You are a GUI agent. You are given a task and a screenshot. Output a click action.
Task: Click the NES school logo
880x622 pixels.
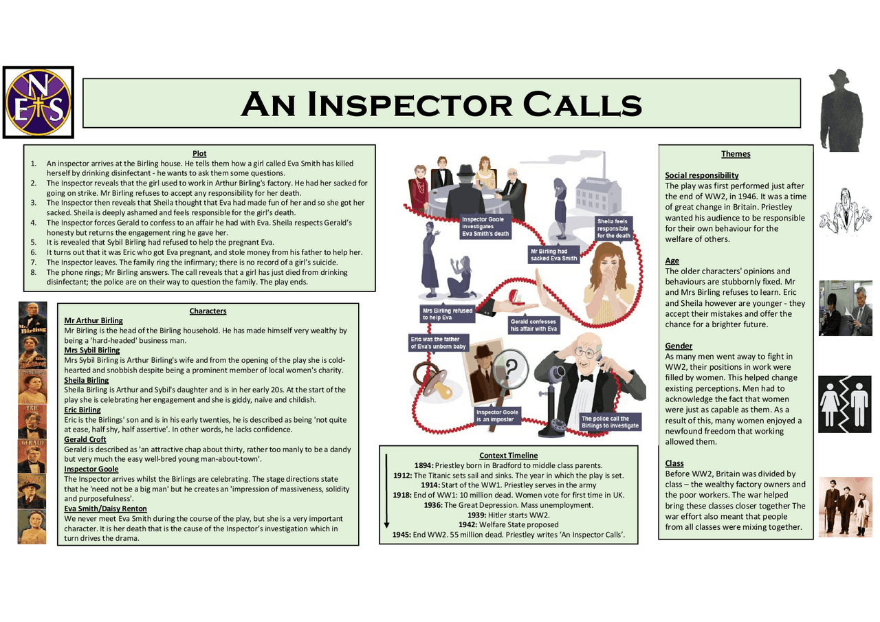click(38, 102)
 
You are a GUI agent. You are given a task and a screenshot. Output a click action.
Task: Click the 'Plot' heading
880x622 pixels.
click(199, 153)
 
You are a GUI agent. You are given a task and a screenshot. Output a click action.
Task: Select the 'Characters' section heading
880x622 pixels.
click(208, 311)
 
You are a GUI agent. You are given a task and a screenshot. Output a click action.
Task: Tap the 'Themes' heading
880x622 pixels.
click(736, 154)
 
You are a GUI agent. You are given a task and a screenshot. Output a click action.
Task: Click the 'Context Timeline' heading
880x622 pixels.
click(508, 455)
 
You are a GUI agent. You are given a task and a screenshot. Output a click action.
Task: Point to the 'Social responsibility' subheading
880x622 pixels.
click(702, 175)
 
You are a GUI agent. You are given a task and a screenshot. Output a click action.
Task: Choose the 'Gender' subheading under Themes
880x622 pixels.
click(679, 346)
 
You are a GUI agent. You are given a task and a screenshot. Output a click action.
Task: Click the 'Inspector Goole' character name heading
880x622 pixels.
click(91, 469)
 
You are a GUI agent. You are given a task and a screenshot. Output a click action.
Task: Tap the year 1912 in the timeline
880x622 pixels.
click(403, 475)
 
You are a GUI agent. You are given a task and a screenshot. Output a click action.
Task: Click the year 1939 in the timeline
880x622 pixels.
click(477, 515)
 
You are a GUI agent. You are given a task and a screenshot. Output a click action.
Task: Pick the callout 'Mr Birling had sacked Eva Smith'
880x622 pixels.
click(553, 255)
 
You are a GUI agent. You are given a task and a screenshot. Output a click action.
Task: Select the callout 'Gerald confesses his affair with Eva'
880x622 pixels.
click(533, 325)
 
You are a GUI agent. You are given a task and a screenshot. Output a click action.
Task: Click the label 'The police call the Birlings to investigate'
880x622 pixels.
click(610, 422)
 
